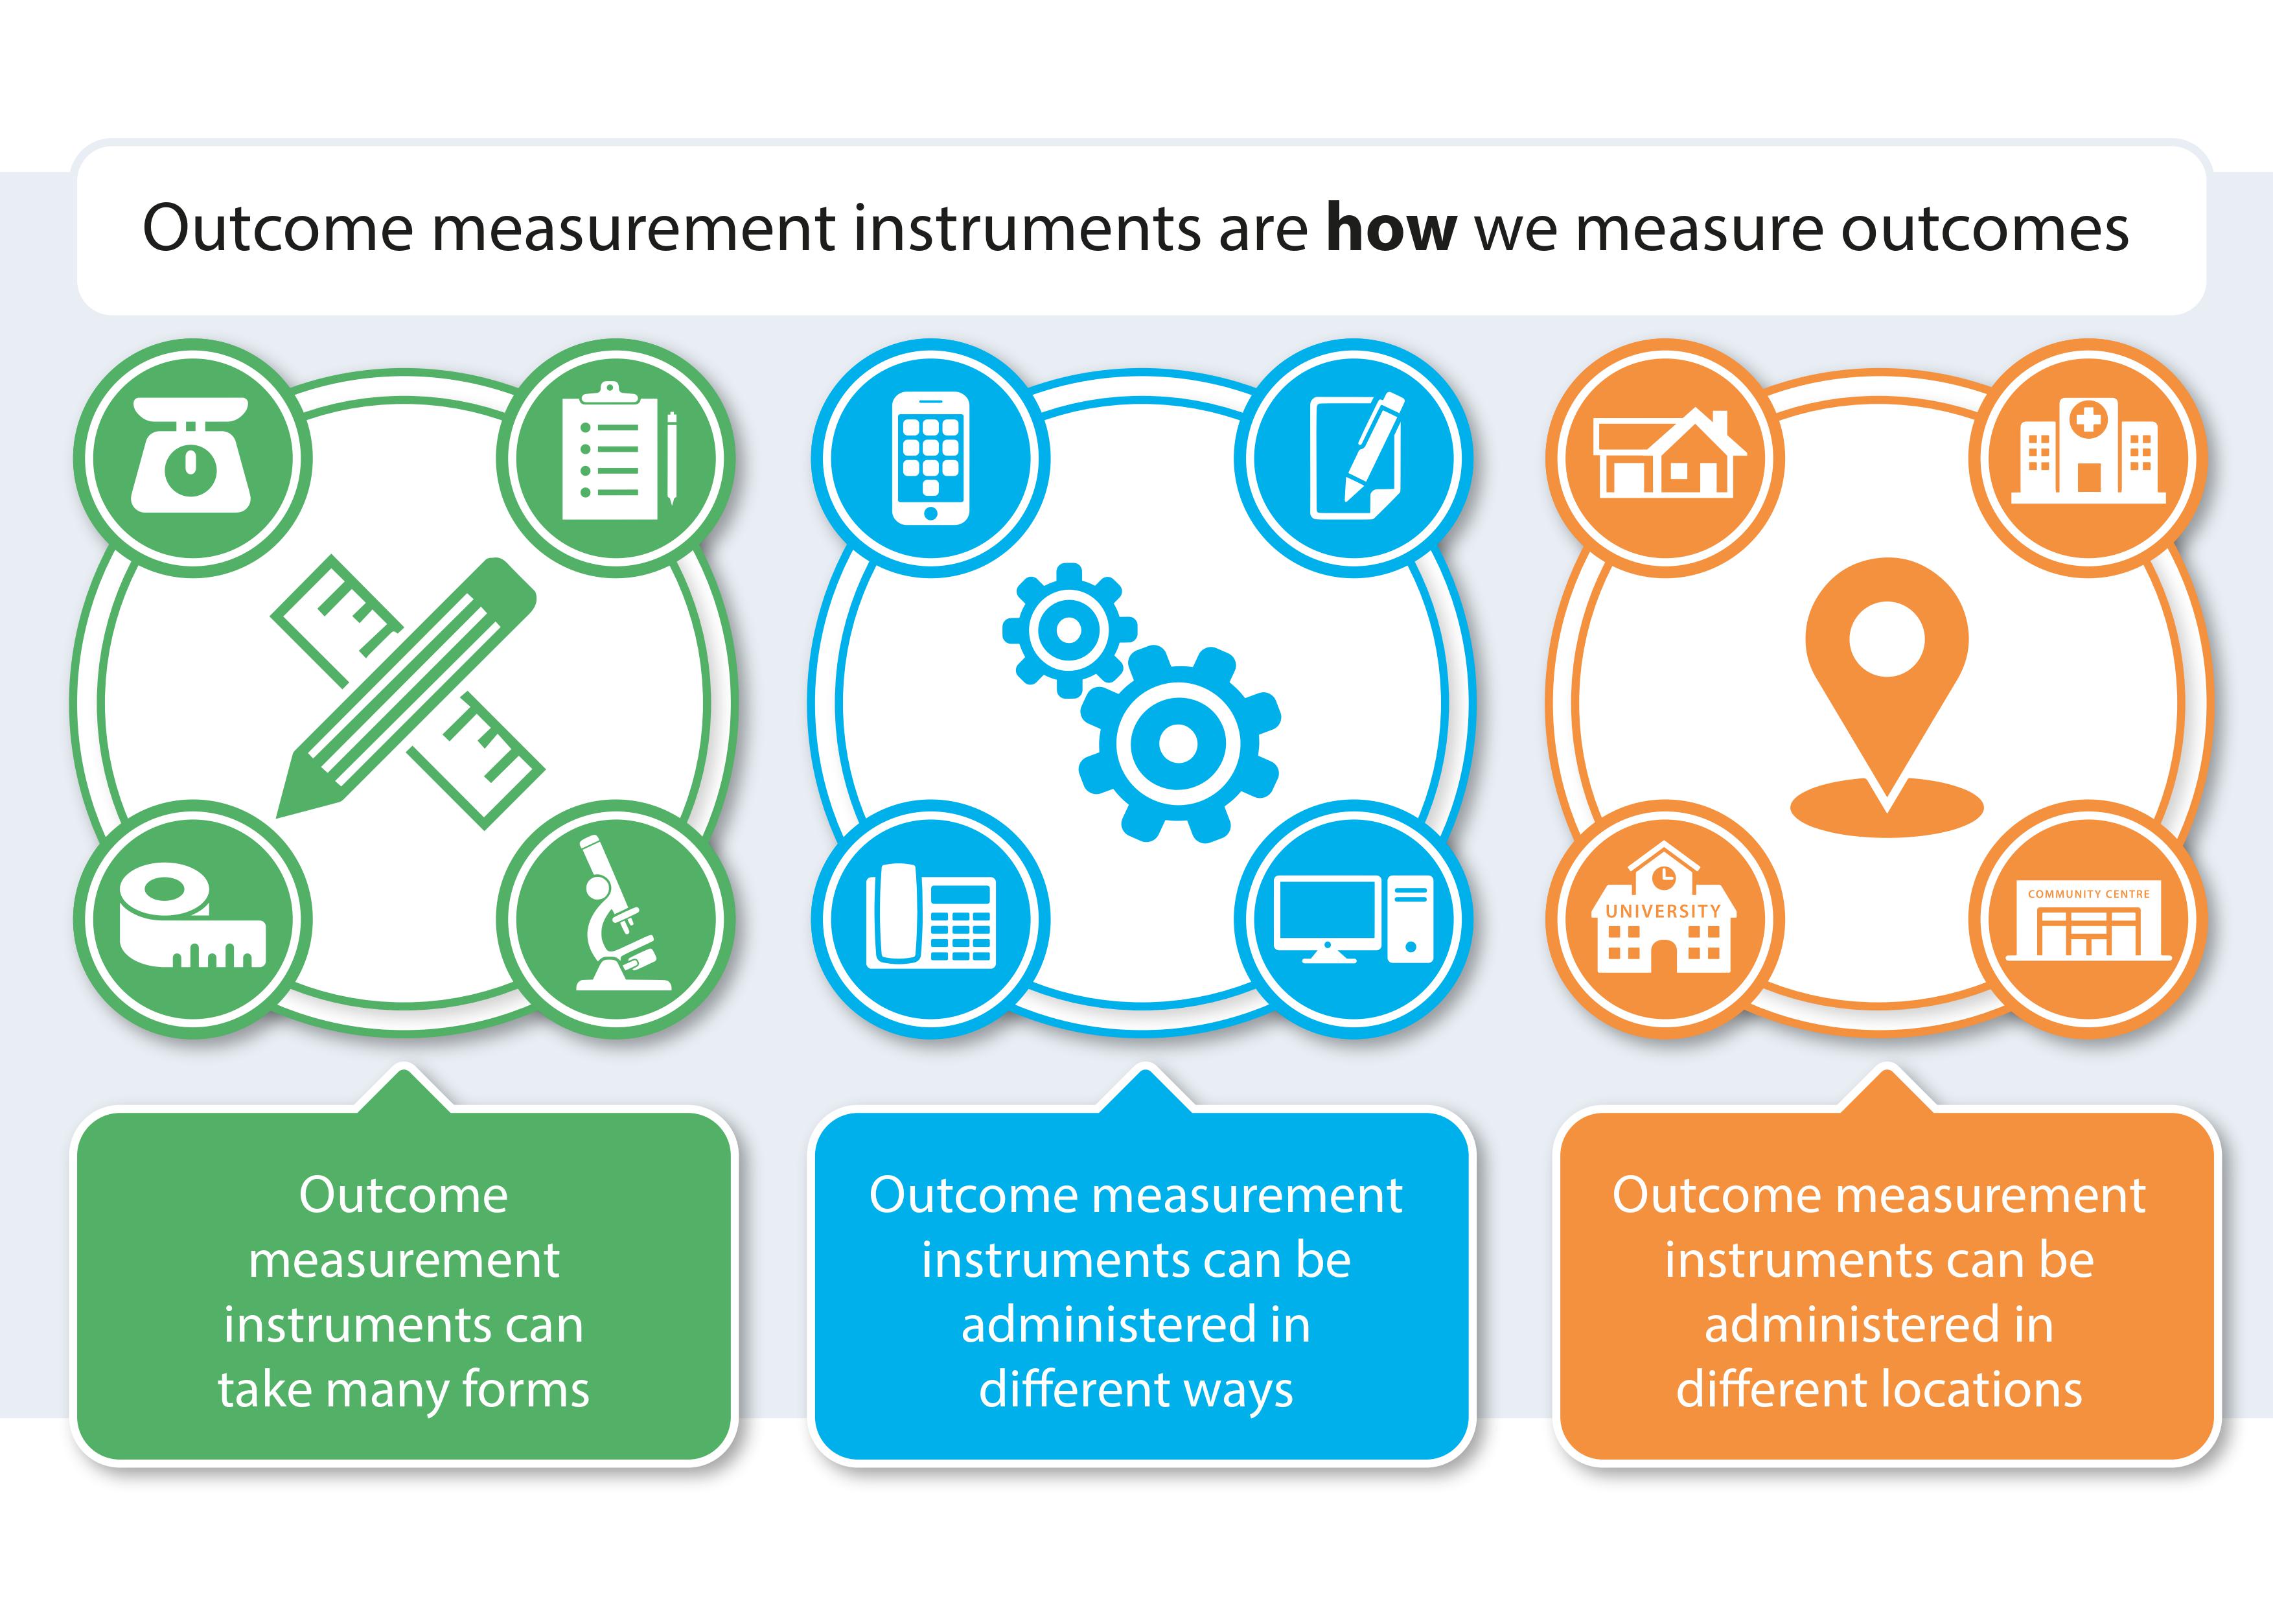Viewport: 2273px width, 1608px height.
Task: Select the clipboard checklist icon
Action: point(616,456)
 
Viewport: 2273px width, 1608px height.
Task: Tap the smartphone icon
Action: point(930,458)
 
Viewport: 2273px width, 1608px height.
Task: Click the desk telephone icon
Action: point(930,915)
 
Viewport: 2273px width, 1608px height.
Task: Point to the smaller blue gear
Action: point(1069,630)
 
